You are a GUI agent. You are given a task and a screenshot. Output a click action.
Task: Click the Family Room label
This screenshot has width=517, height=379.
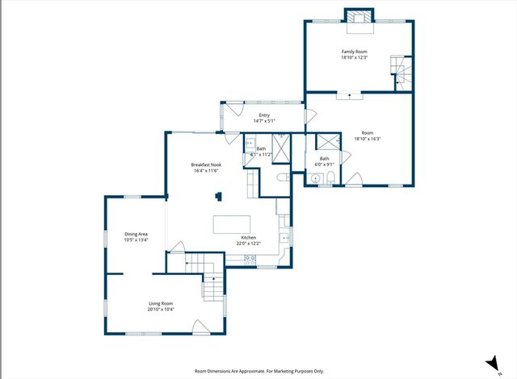(x=354, y=51)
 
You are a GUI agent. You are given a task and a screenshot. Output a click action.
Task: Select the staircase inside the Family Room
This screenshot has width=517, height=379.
(x=400, y=71)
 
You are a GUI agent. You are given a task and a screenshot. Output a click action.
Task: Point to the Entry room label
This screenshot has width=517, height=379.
(x=263, y=115)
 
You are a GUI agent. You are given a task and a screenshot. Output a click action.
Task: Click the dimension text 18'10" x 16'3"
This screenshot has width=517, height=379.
(x=367, y=139)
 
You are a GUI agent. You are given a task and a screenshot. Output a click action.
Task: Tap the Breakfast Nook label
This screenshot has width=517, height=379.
(x=207, y=165)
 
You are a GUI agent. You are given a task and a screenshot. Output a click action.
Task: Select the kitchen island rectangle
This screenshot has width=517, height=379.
(x=232, y=223)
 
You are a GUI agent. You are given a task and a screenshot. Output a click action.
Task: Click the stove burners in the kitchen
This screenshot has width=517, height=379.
(x=250, y=260)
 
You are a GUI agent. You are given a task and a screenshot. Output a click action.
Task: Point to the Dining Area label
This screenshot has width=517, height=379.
(x=136, y=234)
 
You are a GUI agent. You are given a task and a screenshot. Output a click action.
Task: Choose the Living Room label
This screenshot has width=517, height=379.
(x=161, y=303)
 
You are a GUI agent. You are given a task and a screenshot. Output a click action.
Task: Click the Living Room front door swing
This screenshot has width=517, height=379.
(x=200, y=326)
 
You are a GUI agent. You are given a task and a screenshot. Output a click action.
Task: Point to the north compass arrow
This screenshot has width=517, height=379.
(x=490, y=363)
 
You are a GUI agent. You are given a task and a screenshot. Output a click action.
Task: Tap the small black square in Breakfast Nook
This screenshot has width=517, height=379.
(x=217, y=195)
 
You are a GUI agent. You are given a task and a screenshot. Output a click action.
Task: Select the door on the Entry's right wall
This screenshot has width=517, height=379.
(x=305, y=118)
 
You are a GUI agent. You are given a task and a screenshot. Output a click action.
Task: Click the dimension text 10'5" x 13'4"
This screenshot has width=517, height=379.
(x=136, y=240)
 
